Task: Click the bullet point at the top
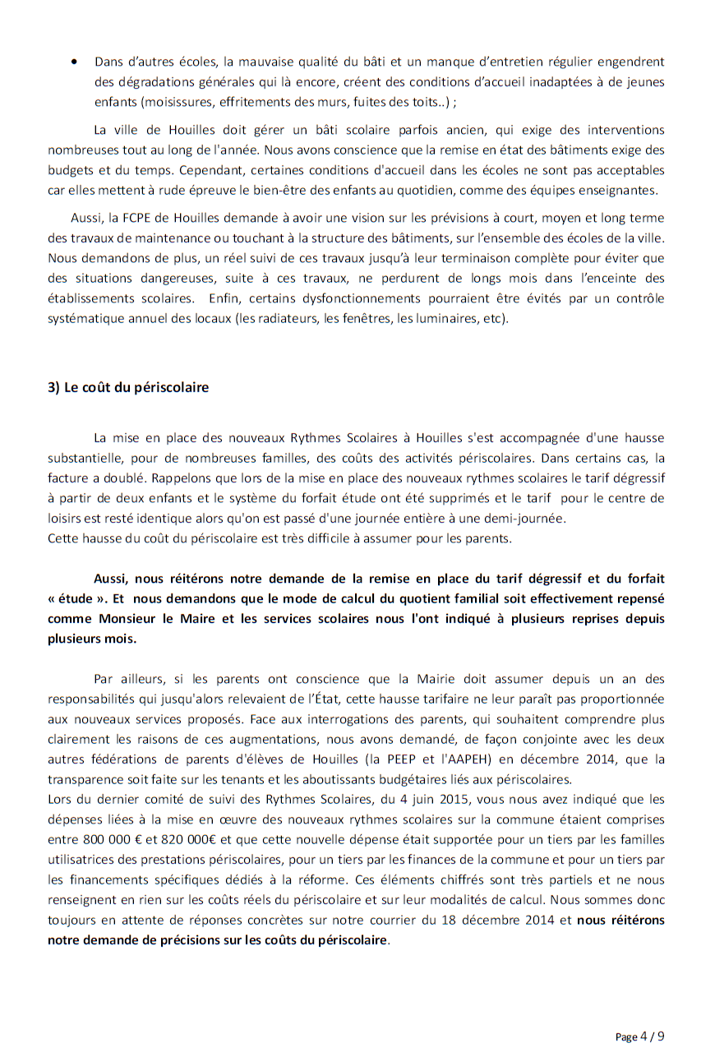click(x=76, y=62)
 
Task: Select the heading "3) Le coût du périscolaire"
click(x=128, y=388)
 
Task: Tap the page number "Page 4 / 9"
click(x=639, y=1036)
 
